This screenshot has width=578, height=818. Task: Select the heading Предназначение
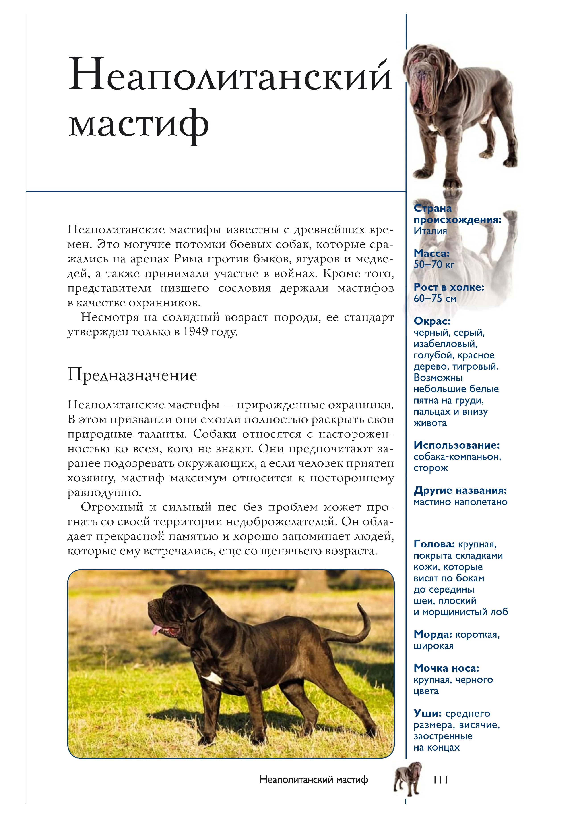click(132, 375)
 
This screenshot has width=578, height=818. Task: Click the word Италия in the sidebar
click(430, 231)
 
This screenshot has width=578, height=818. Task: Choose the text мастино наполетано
click(460, 502)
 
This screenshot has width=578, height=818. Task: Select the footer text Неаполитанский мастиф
click(314, 780)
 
